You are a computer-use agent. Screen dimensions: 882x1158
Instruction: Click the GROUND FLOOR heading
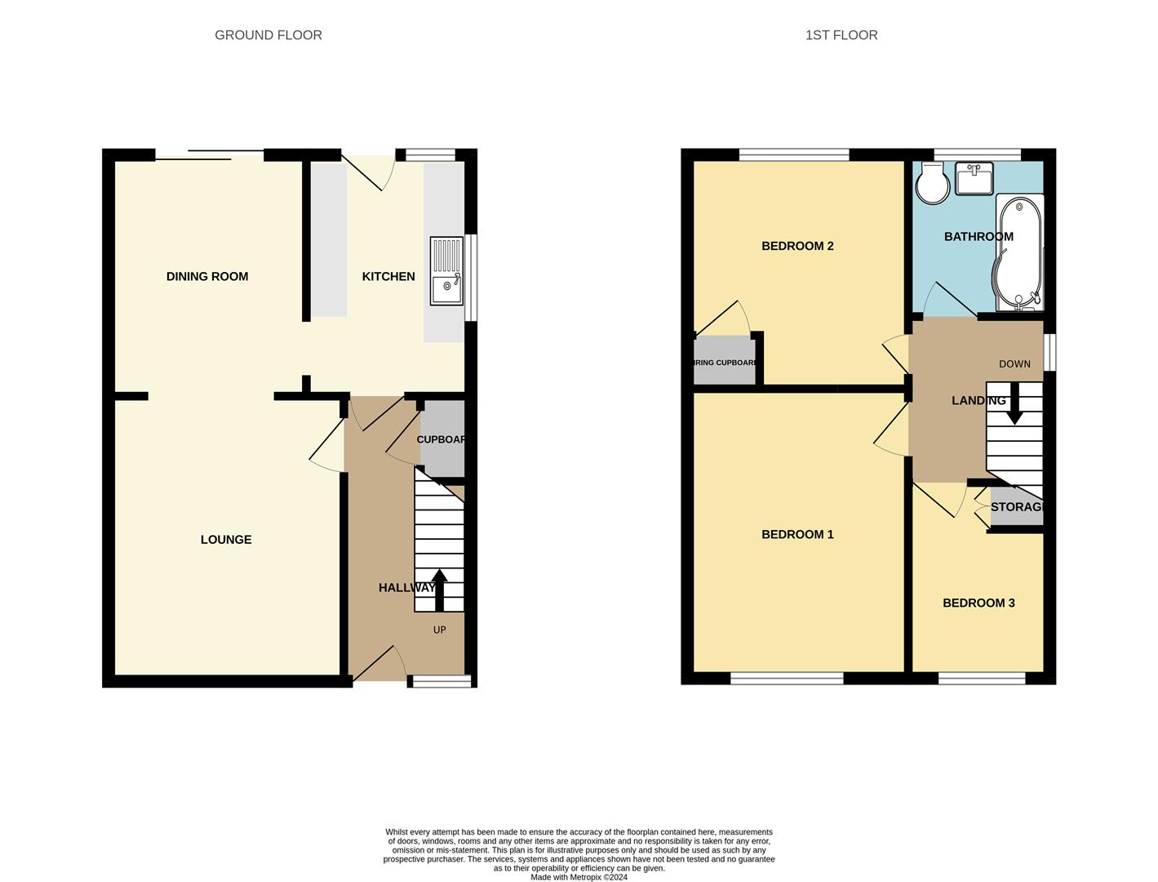click(268, 35)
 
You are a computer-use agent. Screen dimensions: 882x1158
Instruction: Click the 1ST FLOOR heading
click(841, 35)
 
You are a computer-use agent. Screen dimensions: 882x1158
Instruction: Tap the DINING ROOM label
click(206, 277)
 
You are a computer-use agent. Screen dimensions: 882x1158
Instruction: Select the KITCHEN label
click(388, 277)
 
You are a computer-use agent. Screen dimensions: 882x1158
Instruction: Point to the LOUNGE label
click(226, 540)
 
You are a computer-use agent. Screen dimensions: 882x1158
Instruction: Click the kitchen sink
click(446, 270)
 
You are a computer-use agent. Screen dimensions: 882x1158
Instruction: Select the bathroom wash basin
click(974, 179)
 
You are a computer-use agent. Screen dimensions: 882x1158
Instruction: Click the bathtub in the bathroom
click(1019, 252)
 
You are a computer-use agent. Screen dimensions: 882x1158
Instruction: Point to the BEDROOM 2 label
click(797, 246)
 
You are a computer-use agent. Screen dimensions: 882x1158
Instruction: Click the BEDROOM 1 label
click(797, 535)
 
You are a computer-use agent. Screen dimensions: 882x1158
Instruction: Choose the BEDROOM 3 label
click(978, 604)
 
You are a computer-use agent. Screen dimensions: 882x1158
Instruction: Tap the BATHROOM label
click(978, 237)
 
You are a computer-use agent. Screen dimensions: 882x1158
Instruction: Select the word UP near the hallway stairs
click(439, 630)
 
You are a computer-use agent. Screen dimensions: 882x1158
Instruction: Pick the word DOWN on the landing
click(1014, 364)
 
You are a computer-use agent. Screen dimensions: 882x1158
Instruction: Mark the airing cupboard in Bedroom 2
click(723, 361)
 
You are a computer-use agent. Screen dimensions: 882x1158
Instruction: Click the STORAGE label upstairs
click(1017, 507)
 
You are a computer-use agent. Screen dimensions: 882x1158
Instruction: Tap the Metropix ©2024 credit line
click(579, 877)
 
